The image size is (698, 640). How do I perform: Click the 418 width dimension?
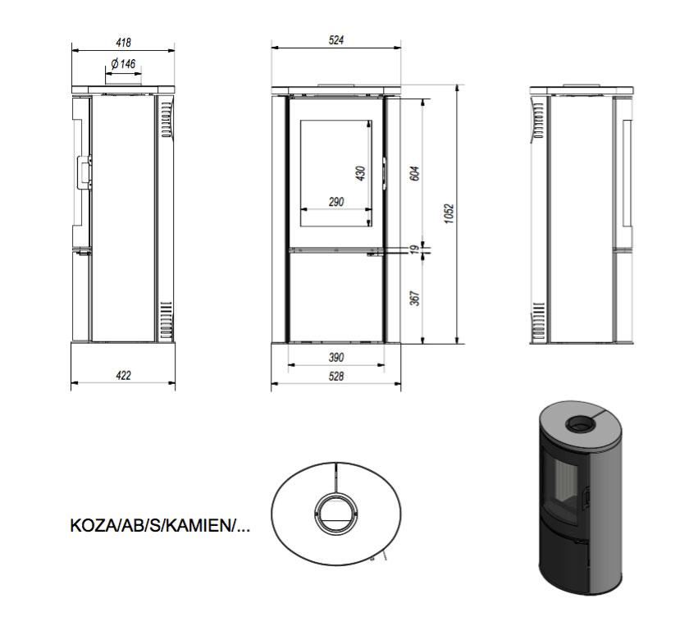pos(123,43)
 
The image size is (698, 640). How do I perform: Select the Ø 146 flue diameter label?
pos(123,64)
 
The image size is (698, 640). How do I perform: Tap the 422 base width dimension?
pos(123,376)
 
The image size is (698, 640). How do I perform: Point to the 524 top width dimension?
pos(336,40)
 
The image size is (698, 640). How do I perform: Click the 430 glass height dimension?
pos(361,173)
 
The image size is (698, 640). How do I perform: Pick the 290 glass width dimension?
pos(336,202)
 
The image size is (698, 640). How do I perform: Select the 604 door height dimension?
pos(415,173)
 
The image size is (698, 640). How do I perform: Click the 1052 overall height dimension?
pos(449,214)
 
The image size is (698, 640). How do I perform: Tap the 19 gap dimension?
pos(415,249)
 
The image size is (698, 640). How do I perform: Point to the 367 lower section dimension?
pos(415,299)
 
